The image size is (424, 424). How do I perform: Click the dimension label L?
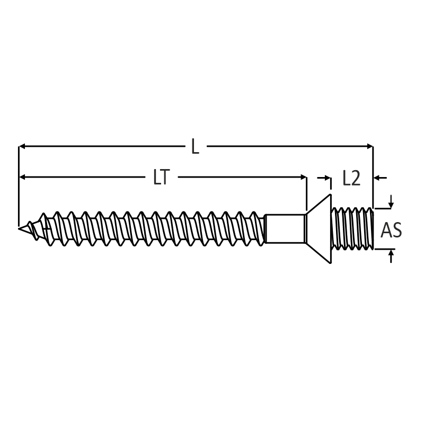coord(195,146)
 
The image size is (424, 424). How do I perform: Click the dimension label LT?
coord(162,177)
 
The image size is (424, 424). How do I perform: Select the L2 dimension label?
coord(351,178)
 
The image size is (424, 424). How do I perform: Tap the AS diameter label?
coord(391,230)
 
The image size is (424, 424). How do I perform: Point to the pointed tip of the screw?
coord(19,228)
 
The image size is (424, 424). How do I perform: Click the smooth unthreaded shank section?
coord(285,229)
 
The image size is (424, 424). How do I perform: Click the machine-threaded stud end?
coord(352,228)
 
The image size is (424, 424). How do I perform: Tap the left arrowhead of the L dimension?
coord(22,146)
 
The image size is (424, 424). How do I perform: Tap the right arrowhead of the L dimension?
coord(369,146)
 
